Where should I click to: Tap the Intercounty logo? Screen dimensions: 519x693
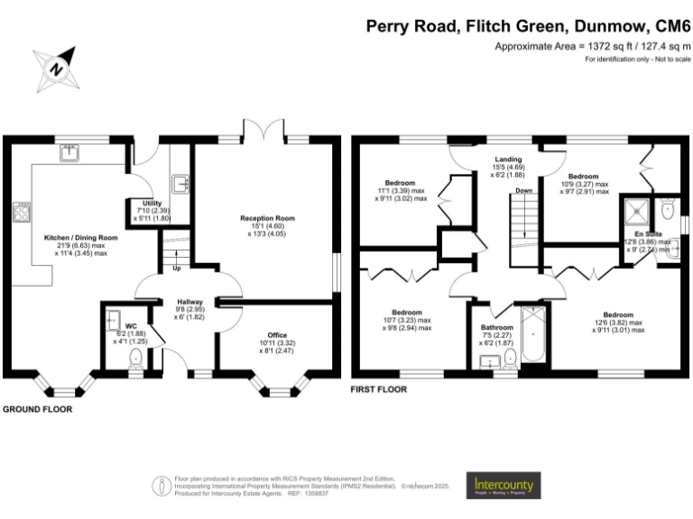click(504, 486)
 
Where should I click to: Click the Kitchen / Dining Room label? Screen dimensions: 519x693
click(81, 239)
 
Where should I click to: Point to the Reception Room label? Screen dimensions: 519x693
click(267, 218)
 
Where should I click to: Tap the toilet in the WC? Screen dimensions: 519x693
click(136, 360)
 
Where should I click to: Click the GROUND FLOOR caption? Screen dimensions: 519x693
click(37, 408)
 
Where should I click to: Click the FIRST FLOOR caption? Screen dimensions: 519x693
click(378, 390)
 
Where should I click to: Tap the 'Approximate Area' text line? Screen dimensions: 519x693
click(592, 46)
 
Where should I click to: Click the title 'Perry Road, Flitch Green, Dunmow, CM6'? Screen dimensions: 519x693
click(528, 25)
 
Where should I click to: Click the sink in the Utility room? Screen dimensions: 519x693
click(180, 185)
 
